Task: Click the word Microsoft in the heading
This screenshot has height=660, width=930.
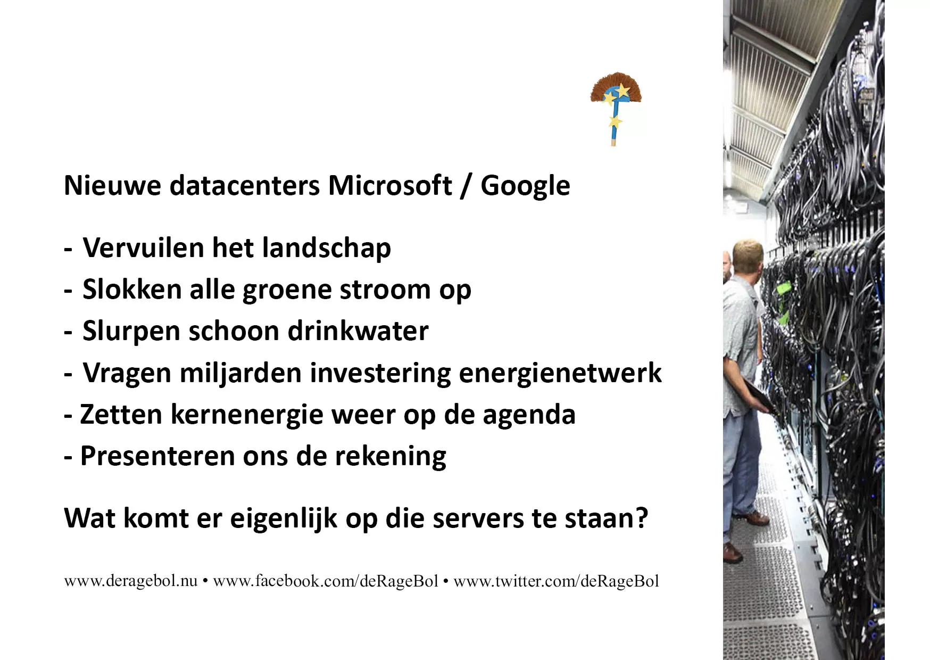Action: tap(390, 185)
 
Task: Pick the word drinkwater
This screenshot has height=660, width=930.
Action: tap(358, 331)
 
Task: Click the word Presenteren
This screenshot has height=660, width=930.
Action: tap(157, 456)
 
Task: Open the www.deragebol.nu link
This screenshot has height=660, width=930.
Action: tap(130, 581)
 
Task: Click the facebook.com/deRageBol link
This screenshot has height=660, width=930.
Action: tap(326, 581)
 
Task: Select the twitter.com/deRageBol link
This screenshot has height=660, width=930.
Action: tap(556, 581)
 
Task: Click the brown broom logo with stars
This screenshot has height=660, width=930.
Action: tap(616, 108)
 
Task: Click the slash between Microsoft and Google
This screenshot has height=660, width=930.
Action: tap(467, 186)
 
